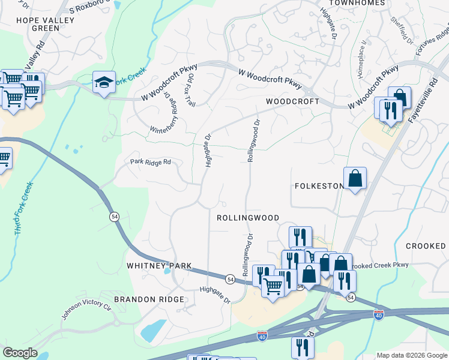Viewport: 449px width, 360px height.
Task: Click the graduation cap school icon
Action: [104, 83]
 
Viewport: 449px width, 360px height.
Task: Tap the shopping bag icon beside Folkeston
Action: [355, 179]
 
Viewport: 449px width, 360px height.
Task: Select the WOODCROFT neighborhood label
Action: [292, 102]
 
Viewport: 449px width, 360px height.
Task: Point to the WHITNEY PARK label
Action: [159, 265]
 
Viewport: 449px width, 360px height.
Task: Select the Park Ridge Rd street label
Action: [151, 162]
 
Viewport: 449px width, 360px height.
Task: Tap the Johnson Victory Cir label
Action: [86, 310]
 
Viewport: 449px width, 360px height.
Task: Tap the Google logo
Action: [20, 353]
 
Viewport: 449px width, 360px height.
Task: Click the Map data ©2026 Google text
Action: [412, 355]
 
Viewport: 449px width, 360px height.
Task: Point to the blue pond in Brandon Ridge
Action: [153, 329]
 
